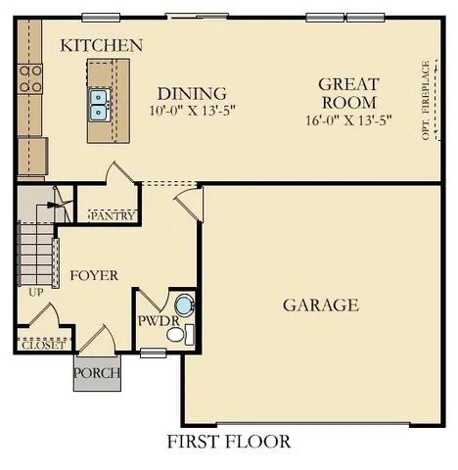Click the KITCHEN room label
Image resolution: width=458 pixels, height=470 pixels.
pyautogui.click(x=102, y=46)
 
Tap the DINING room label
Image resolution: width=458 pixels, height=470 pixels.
pyautogui.click(x=192, y=93)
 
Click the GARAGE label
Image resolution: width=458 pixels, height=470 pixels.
pyautogui.click(x=321, y=305)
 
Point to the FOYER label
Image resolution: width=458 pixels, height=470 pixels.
pyautogui.click(x=94, y=275)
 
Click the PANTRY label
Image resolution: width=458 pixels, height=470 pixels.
pyautogui.click(x=113, y=215)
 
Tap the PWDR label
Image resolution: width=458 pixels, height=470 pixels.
pyautogui.click(x=156, y=320)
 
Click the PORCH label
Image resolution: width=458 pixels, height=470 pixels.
pyautogui.click(x=98, y=373)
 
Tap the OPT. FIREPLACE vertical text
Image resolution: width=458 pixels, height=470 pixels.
pyautogui.click(x=426, y=100)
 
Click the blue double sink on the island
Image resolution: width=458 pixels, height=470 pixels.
pyautogui.click(x=99, y=103)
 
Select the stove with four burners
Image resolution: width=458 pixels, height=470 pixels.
pyautogui.click(x=30, y=78)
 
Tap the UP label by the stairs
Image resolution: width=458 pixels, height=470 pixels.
pyautogui.click(x=37, y=292)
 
